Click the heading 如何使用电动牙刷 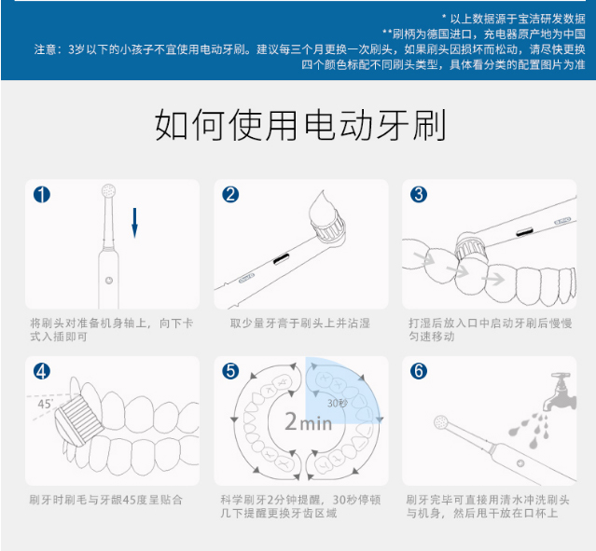coord(298,125)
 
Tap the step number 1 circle coord(42,195)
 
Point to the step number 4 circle coord(42,370)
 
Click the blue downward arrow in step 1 coord(134,222)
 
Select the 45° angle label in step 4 coord(45,404)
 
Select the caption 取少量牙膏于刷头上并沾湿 coord(300,323)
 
